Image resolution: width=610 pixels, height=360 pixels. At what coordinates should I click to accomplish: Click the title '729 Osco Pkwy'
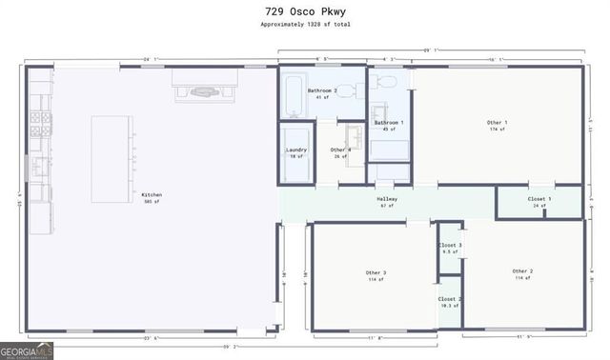coord(304,10)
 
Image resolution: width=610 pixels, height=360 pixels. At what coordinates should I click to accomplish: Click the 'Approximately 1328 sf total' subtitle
coord(304,25)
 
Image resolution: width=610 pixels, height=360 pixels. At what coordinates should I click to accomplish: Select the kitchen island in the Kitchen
coord(112,158)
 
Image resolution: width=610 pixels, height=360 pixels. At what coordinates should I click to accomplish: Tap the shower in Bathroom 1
coord(389,150)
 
